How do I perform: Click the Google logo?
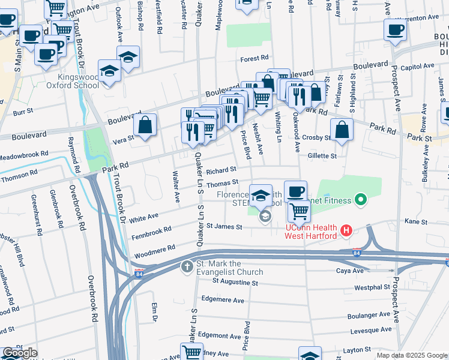20,353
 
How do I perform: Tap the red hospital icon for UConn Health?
346,230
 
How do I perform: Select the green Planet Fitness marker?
361,199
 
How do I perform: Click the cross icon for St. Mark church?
187,266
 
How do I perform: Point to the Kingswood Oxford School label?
78,81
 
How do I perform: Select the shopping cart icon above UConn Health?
299,210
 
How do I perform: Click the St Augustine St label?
230,281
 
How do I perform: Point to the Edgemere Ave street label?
223,299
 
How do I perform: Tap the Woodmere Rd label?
155,247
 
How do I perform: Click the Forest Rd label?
254,58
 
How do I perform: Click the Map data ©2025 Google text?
411,355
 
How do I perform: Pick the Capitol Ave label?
420,66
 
